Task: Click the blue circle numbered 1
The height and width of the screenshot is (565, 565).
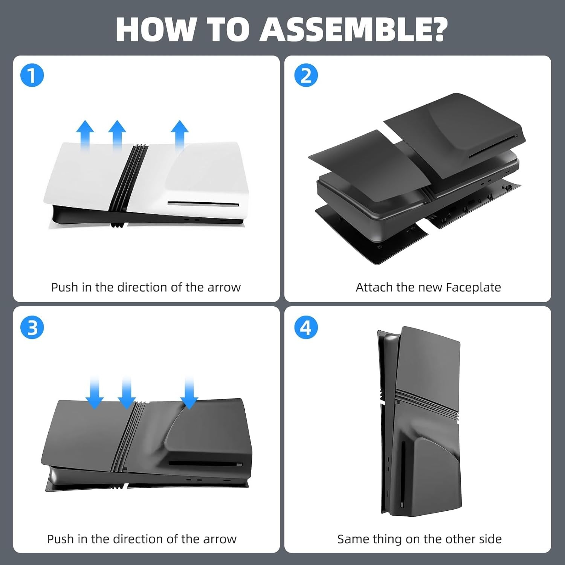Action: click(x=32, y=75)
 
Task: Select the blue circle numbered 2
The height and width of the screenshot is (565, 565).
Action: click(x=306, y=75)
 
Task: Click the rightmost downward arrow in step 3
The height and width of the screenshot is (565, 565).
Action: click(x=189, y=394)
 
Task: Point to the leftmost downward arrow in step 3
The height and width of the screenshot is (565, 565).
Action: click(x=95, y=394)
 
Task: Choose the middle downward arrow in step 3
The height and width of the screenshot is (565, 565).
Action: click(x=127, y=394)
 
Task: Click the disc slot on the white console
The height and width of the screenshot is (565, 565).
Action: click(x=203, y=204)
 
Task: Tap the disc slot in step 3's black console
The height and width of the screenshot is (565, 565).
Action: click(x=206, y=463)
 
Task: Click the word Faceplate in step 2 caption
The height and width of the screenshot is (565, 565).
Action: click(x=473, y=287)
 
